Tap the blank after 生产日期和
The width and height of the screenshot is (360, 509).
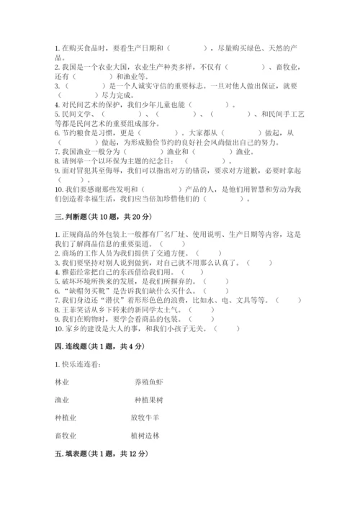coord(189,48)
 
